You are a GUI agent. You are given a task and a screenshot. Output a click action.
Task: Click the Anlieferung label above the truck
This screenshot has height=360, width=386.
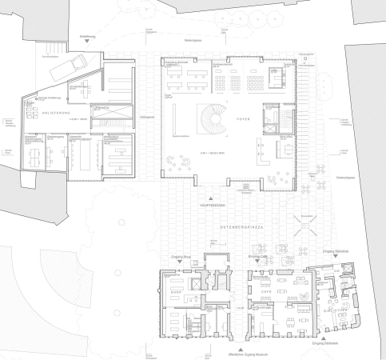pos(88,37)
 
